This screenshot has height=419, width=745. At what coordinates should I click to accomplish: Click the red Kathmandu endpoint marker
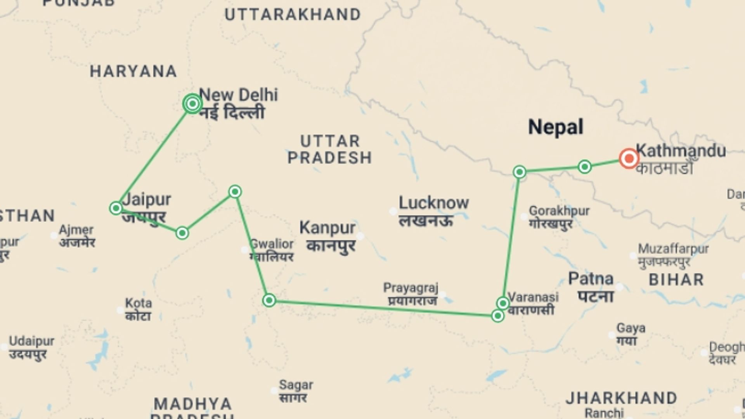coord(629,158)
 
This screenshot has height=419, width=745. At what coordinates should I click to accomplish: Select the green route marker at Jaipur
coord(116,208)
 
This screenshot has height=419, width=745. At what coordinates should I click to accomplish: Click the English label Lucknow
coord(433,203)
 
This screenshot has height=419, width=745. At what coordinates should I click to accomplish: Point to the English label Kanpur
coord(327,228)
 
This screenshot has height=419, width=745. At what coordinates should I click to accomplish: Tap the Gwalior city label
coord(272,244)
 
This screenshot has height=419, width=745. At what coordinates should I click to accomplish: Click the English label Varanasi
coord(534,297)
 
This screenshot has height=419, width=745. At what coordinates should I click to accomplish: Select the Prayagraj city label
coord(411,288)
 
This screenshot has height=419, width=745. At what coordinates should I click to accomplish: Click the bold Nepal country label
coord(556,127)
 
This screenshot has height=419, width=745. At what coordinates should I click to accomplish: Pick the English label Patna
coord(591,279)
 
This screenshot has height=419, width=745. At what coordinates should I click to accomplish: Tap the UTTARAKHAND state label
coord(293,15)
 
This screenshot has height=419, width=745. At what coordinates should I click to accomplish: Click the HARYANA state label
coord(133,71)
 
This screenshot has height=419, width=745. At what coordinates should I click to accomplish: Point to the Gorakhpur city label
coord(559,211)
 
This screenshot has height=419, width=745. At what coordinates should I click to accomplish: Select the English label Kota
coord(139,303)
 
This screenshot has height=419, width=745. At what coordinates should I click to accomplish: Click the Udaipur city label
coord(32,341)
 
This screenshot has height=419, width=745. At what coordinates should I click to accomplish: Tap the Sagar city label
coord(296,385)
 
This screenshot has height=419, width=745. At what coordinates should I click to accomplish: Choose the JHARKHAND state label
coord(621,398)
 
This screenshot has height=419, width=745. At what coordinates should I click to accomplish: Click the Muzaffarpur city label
coord(673,249)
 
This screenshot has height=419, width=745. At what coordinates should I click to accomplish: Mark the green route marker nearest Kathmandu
coord(585,167)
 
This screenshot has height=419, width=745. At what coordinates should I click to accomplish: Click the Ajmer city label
coord(76,230)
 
